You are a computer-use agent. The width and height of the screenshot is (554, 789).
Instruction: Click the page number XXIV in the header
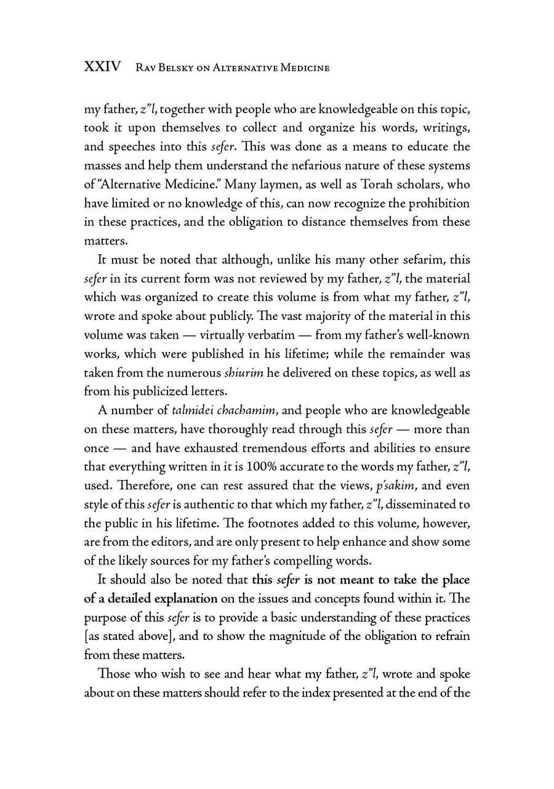pos(102,66)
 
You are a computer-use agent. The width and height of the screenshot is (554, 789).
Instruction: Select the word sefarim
pos(423,260)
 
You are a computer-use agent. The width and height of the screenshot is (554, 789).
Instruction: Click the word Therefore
pos(126,486)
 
